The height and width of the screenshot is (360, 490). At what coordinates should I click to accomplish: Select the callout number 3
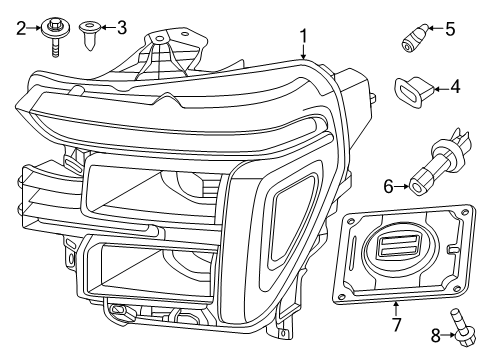(122, 27)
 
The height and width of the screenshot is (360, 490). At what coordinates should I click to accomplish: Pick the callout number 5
(449, 29)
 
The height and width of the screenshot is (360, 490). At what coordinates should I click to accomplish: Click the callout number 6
(389, 185)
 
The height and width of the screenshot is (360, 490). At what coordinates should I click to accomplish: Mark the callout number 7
(395, 325)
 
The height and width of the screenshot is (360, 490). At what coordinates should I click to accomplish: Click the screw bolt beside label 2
(52, 34)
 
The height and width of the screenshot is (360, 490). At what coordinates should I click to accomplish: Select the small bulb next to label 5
(412, 40)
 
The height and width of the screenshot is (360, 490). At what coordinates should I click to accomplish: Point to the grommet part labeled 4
(411, 90)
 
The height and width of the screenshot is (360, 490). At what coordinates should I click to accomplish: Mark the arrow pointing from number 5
(432, 30)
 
